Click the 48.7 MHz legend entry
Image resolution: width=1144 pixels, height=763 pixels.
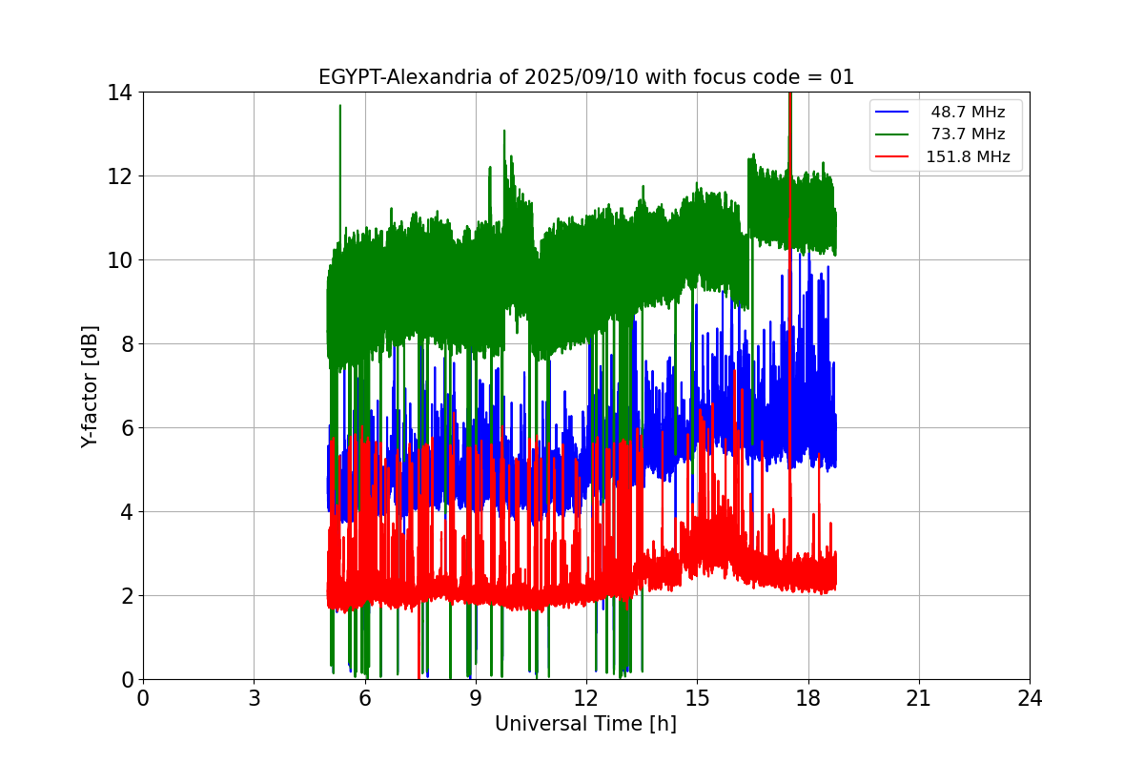pos(968,113)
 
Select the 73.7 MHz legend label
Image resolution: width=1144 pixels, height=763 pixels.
pos(968,134)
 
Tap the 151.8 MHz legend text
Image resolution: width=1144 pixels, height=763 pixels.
pos(968,157)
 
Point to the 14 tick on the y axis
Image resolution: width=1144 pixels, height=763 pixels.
pos(120,93)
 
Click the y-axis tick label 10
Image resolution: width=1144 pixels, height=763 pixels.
pos(120,260)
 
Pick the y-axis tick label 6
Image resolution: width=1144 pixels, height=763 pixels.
pos(126,428)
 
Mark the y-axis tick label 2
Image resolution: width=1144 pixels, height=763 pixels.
pos(126,596)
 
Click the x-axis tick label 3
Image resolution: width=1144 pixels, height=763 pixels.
pos(254,698)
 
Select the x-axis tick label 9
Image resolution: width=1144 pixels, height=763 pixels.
pos(476,698)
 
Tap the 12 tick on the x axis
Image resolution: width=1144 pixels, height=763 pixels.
pos(586,698)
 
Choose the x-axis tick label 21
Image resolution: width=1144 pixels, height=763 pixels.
pos(919,698)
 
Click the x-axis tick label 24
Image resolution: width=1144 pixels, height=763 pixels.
pos(1030,698)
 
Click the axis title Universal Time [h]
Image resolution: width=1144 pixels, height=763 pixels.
pos(585,725)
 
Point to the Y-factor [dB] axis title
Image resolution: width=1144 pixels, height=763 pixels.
pos(90,385)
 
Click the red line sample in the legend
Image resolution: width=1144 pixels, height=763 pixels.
pos(893,157)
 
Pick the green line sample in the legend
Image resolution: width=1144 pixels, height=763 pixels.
pos(893,134)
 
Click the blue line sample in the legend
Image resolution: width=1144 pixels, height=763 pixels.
pos(893,113)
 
